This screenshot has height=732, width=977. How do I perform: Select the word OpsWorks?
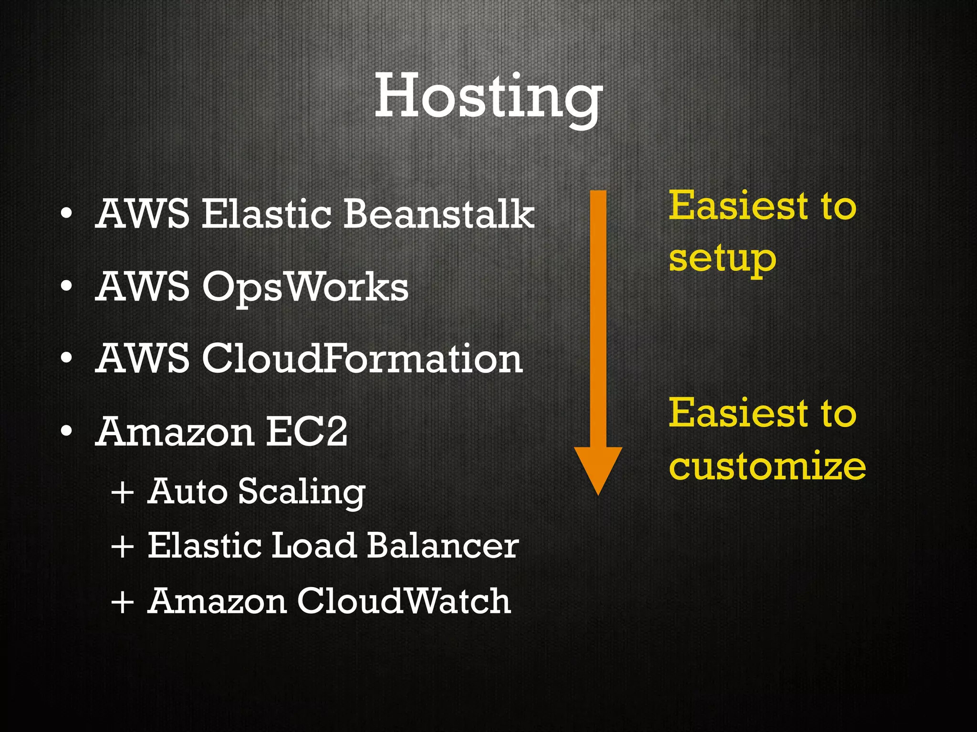[x=305, y=287]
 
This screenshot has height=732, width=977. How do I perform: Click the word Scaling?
[x=301, y=492]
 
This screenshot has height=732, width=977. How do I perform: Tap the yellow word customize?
[x=767, y=466]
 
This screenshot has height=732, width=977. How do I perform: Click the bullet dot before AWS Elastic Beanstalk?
[x=67, y=214]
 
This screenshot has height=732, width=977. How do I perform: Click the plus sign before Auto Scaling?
[x=122, y=492]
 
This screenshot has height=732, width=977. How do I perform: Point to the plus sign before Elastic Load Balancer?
[x=122, y=547]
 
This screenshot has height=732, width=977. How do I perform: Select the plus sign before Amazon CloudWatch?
[x=122, y=601]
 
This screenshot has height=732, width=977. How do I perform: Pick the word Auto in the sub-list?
[x=187, y=491]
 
